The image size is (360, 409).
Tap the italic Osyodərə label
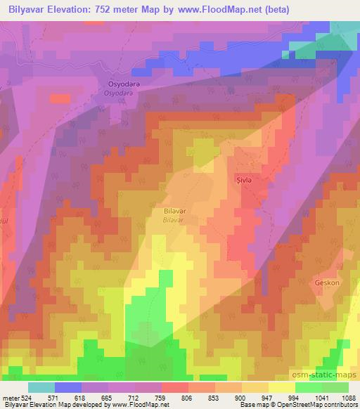point(117,92)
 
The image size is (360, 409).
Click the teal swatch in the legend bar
point(41,387)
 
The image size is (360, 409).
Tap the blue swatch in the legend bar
point(67,387)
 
